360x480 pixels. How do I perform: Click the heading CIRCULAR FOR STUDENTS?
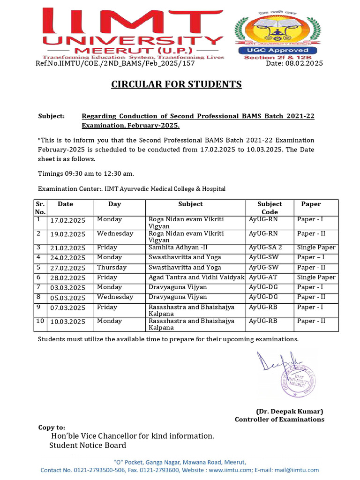[176, 84]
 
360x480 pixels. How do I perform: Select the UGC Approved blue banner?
[274, 50]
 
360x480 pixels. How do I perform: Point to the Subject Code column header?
[270, 208]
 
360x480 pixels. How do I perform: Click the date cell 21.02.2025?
[67, 248]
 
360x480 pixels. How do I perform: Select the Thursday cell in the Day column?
[112, 268]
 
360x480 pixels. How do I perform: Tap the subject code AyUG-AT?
[263, 277]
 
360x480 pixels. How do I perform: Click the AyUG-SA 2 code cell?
[265, 247]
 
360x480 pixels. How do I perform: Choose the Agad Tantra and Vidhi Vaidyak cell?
[196, 277]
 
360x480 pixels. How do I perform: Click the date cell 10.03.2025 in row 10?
[67, 322]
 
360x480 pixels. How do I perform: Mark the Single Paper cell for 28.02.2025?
[316, 277]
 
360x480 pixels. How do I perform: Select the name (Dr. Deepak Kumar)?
[289, 411]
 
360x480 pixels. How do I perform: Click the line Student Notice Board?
[88, 445]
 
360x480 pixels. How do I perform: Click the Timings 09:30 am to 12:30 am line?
[86, 174]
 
